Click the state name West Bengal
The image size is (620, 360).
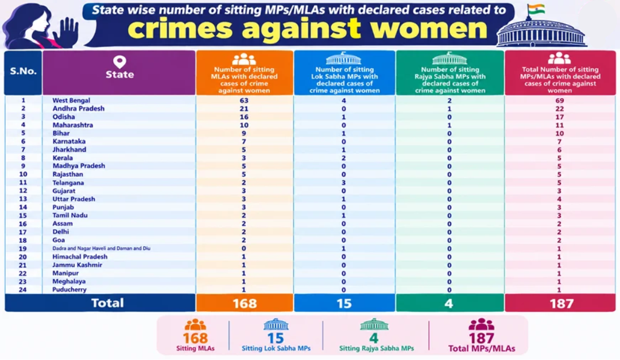click(71, 100)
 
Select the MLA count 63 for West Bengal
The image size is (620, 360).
click(244, 100)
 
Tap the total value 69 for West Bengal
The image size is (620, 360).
click(560, 100)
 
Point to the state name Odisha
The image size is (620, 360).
click(64, 117)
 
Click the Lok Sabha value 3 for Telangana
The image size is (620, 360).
click(344, 183)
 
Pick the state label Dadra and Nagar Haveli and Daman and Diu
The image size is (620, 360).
click(101, 249)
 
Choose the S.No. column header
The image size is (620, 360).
click(24, 71)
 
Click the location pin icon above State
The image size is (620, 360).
click(119, 61)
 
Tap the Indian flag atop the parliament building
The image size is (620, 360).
click(536, 9)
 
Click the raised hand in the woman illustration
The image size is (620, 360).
click(66, 32)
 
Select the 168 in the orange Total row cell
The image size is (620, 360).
click(245, 303)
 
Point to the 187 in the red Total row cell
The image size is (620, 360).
click(561, 303)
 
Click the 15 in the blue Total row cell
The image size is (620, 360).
click(344, 303)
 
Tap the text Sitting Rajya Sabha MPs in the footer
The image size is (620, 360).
click(377, 349)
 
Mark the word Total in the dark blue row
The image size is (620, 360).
click(107, 303)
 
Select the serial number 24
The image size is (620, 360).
click(23, 289)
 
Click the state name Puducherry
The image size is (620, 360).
click(69, 289)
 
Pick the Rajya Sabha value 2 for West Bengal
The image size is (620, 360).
click(449, 100)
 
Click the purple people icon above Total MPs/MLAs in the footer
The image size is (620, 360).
click(481, 324)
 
